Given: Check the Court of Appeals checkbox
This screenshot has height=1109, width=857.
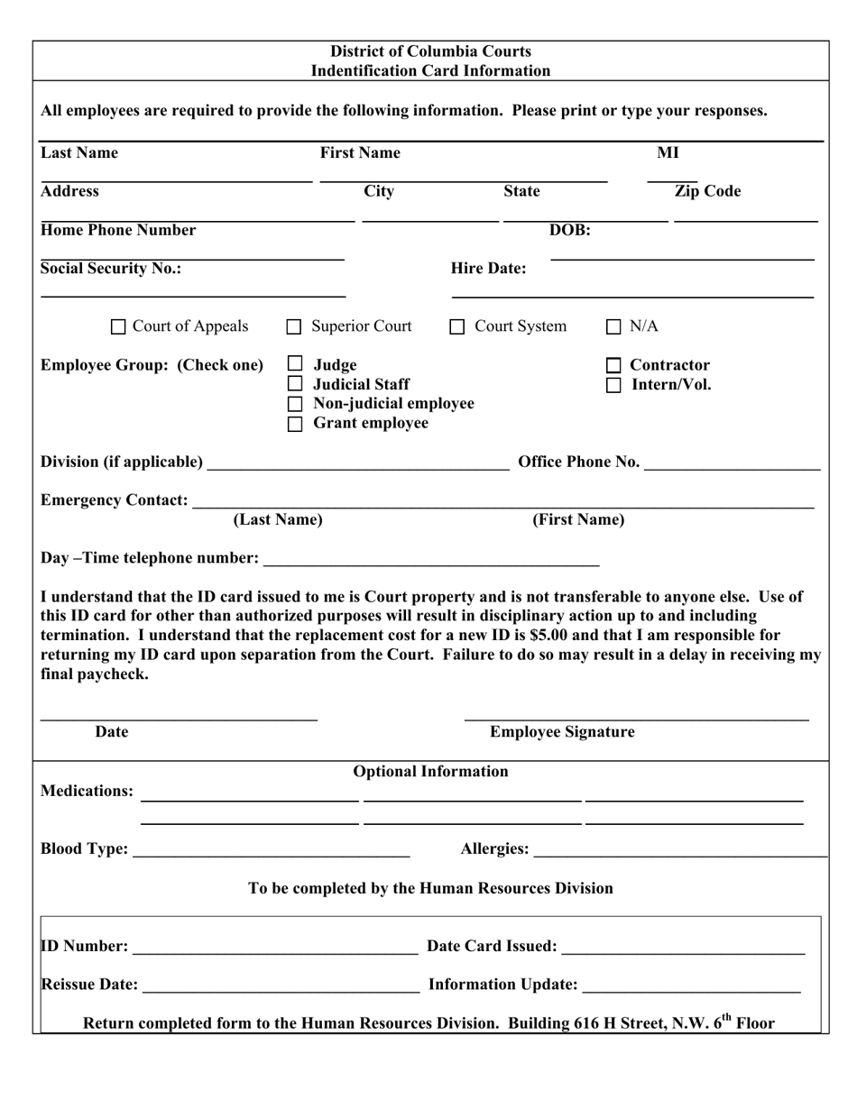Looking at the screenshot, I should (118, 327).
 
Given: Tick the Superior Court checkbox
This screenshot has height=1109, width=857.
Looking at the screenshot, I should (294, 327).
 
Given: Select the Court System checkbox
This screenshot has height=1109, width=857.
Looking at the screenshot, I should (457, 327).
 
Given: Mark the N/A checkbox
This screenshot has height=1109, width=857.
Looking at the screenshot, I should (613, 327).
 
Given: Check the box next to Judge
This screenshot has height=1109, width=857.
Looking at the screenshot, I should (295, 364).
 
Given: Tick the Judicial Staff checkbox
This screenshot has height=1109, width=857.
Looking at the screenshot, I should (295, 385).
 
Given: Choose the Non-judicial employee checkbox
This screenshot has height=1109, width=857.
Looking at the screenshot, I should (295, 404).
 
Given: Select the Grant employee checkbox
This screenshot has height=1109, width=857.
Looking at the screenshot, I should (295, 424).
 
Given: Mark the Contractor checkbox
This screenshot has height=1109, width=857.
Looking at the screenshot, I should (613, 366).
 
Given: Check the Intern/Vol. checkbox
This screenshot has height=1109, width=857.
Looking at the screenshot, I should (613, 385).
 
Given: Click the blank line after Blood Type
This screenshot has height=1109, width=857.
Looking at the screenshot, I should (271, 849).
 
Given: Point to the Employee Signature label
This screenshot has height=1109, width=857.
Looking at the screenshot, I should (562, 732).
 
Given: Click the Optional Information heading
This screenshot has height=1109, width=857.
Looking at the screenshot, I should (430, 772).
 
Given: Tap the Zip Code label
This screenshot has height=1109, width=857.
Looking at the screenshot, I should (707, 191).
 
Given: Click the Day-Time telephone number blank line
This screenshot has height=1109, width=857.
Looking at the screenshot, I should (430, 559).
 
